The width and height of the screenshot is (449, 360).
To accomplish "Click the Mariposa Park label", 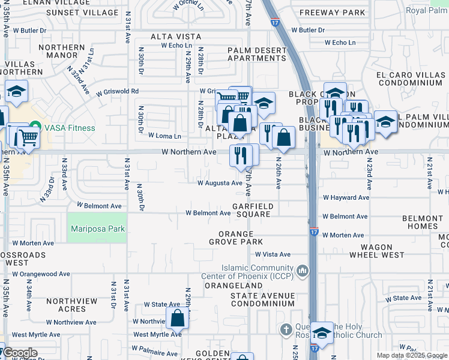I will tap(97, 229).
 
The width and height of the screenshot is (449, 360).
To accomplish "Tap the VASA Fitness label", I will tap(68, 128).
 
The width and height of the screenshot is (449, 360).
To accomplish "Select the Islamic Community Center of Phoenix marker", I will tap(302, 272).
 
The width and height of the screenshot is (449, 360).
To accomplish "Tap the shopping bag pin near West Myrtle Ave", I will tap(178, 318).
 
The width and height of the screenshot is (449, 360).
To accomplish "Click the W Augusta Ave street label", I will tap(220, 183).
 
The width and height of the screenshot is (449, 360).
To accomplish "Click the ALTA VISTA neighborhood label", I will tap(174, 37).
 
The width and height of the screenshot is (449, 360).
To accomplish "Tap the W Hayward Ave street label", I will tap(346, 197).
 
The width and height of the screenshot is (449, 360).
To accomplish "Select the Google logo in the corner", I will tap(19, 353).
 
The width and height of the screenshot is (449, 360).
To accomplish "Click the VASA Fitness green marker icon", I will tap(35, 127).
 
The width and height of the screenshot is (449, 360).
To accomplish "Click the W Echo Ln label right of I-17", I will tap(340, 43).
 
